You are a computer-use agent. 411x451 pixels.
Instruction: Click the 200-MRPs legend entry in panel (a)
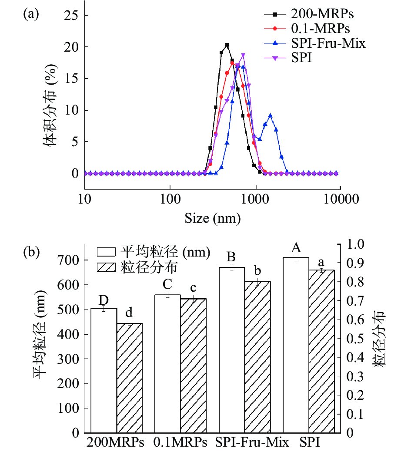click(322, 14)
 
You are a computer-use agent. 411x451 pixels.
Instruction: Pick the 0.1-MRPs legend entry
click(320, 29)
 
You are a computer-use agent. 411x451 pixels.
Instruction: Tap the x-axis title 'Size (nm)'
click(212, 218)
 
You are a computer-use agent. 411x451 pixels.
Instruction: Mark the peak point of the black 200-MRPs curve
click(227, 45)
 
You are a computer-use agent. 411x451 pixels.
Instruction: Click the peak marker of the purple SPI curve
click(243, 55)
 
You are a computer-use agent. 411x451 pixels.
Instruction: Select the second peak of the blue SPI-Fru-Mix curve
click(271, 116)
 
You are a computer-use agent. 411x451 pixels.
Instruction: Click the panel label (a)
click(31, 15)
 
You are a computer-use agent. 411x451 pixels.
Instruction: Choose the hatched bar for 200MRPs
click(129, 378)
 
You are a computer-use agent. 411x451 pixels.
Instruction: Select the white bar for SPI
click(296, 345)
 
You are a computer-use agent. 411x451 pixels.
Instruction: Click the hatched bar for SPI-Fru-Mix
click(257, 357)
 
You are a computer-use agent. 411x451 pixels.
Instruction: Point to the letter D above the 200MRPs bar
click(104, 300)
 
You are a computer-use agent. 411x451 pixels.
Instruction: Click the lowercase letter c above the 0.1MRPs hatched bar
click(193, 288)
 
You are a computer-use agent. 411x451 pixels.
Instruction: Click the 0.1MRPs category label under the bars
click(180, 443)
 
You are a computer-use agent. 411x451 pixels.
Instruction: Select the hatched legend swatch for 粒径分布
click(107, 267)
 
